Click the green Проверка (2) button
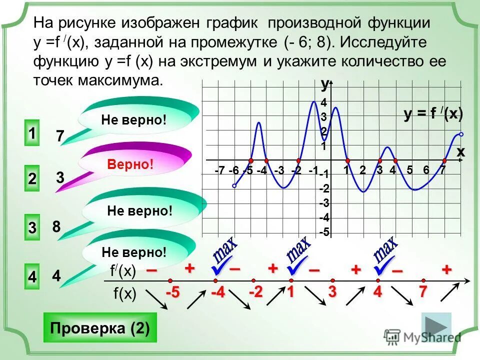(x=100, y=328)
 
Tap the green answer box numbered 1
(x=31, y=134)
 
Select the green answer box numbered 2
(x=32, y=179)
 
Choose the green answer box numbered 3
(x=32, y=228)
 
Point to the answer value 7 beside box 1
(x=60, y=136)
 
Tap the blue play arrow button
(x=436, y=327)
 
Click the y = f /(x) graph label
(x=433, y=114)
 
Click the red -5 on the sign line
(x=172, y=293)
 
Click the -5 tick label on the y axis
(x=324, y=232)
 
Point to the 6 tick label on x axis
(x=425, y=170)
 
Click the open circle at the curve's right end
(x=461, y=134)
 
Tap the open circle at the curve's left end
(x=234, y=186)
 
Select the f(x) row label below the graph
(x=124, y=294)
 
